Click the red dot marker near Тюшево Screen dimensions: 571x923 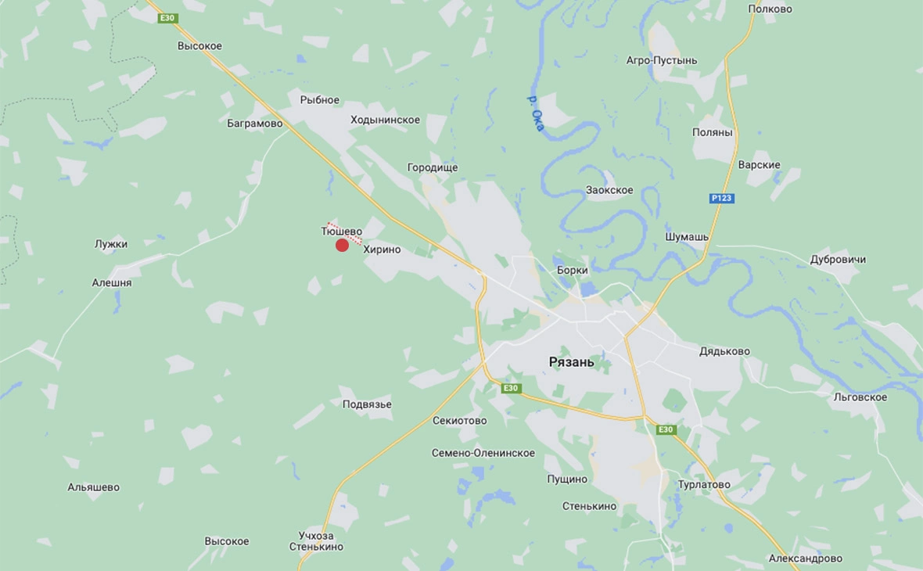tap(342, 245)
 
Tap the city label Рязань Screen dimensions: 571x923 tap(571, 362)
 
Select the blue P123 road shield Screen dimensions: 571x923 tap(722, 199)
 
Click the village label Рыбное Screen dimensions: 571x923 tap(320, 99)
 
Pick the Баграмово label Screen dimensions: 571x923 tap(255, 123)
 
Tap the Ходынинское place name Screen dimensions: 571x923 tap(385, 120)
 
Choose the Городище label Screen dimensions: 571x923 tap(433, 167)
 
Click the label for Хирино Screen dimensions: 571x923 tap(382, 250)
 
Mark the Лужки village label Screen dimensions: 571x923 tap(111, 244)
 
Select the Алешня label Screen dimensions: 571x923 tap(112, 282)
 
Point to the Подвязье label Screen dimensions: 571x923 tap(367, 404)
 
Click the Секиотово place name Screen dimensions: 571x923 tap(459, 421)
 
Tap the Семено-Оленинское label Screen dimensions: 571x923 tap(483, 453)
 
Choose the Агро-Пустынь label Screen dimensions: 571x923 tap(662, 60)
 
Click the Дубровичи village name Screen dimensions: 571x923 tap(838, 259)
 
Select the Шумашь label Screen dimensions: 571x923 tap(687, 236)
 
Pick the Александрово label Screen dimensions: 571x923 tap(805, 558)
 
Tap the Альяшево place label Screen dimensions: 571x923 tap(94, 487)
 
